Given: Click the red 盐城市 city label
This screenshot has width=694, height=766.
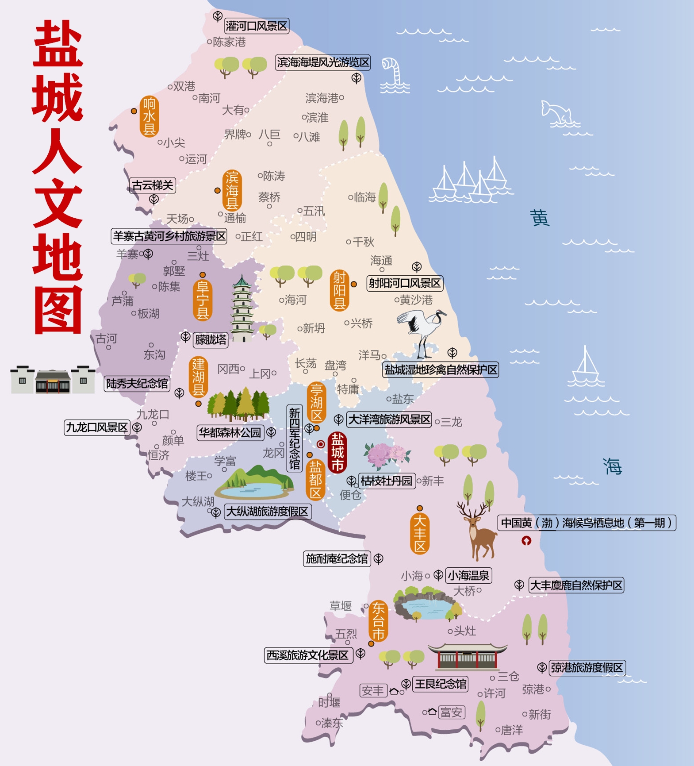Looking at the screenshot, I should click(337, 452).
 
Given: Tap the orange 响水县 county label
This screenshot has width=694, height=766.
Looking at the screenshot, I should click(149, 116).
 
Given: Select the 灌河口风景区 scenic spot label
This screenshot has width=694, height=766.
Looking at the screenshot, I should click(257, 26).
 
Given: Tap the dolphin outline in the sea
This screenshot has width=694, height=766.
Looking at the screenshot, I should click(557, 113).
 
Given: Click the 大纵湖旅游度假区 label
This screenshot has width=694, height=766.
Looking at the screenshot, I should click(267, 512).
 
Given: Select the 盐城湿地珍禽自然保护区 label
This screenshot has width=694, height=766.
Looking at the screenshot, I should click(441, 370).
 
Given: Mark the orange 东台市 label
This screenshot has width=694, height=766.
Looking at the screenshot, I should click(378, 620).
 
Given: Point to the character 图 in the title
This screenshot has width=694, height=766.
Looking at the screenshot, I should click(58, 310).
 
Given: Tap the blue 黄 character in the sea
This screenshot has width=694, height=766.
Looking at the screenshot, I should click(540, 218).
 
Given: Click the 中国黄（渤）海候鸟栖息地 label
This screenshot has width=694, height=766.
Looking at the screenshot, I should click(587, 523).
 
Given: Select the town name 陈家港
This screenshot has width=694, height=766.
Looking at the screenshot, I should click(229, 42).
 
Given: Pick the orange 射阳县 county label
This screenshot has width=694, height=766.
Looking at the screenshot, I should click(339, 290).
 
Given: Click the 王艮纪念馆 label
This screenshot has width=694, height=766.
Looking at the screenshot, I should click(440, 684).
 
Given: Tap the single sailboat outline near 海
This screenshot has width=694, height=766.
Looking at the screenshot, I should click(586, 367).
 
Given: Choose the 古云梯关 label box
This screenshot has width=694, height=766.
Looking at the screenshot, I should click(153, 185).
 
